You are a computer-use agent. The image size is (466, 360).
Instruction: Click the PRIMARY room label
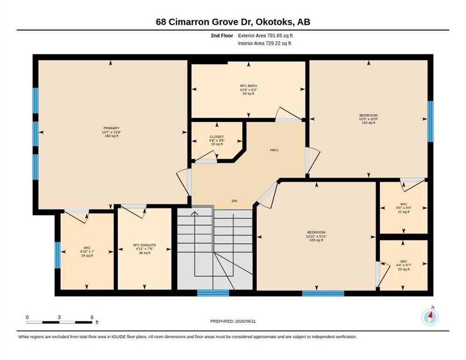(x=112, y=128)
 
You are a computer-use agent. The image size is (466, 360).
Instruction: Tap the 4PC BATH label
(x=248, y=86)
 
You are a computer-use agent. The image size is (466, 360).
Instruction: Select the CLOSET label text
(x=217, y=137)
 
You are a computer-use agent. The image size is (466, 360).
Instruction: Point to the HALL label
(x=274, y=150)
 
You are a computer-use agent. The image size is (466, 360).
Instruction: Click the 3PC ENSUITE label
(x=144, y=245)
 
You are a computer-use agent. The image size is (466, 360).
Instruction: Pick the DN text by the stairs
(x=234, y=201)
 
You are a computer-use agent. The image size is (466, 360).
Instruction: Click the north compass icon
(x=430, y=317)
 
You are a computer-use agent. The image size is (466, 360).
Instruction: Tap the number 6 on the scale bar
(x=92, y=317)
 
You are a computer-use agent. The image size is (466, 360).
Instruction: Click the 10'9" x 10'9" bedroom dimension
(x=368, y=119)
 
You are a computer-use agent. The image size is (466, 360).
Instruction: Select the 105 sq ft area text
(x=316, y=240)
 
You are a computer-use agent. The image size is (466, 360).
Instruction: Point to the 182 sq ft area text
(x=112, y=136)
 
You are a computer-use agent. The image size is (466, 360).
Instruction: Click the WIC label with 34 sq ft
(x=87, y=247)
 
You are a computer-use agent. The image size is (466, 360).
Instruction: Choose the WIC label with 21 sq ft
(x=403, y=204)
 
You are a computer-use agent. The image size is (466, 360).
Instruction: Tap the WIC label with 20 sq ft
(x=404, y=261)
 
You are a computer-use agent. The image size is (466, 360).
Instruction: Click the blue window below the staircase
(x=213, y=293)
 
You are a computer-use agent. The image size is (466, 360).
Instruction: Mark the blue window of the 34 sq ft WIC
(x=57, y=255)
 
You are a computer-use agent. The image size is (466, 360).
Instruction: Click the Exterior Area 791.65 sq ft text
(x=265, y=36)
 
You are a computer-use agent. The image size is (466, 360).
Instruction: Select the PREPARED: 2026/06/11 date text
(x=233, y=322)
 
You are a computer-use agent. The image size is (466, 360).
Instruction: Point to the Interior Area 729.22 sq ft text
(x=264, y=44)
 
